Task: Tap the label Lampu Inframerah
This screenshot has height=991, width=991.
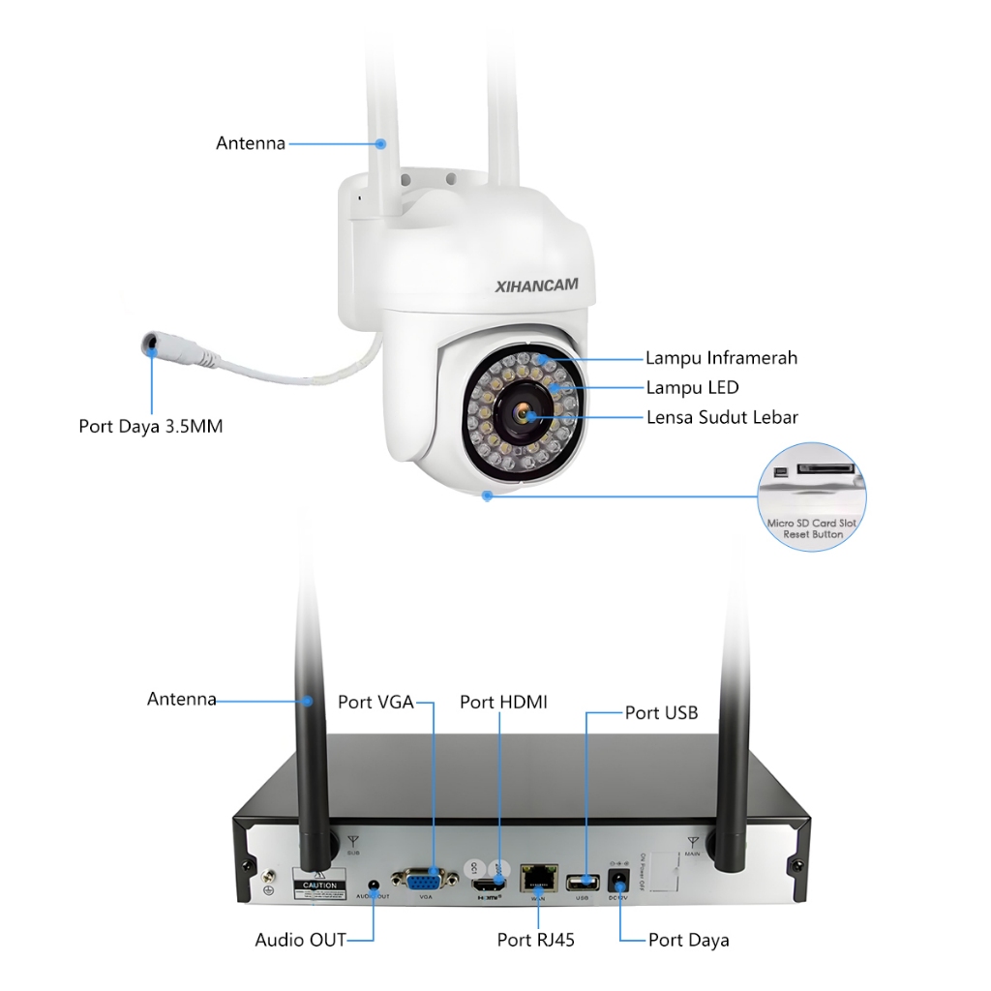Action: click(721, 358)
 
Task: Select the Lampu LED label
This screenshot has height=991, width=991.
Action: click(692, 388)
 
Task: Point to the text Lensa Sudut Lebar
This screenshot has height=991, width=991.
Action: click(722, 418)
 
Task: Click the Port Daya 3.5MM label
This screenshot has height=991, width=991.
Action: click(150, 426)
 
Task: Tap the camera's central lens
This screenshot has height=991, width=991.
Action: click(523, 414)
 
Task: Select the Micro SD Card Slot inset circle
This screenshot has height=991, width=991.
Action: click(812, 497)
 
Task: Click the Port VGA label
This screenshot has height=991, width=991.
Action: click(375, 702)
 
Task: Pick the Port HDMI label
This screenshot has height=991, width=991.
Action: click(503, 702)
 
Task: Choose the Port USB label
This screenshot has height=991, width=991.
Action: click(661, 713)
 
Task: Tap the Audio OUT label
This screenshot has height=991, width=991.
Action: click(300, 940)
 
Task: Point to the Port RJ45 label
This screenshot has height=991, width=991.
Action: click(536, 940)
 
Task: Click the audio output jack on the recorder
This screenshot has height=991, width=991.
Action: click(374, 884)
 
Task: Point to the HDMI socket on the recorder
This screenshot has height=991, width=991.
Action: click(491, 884)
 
